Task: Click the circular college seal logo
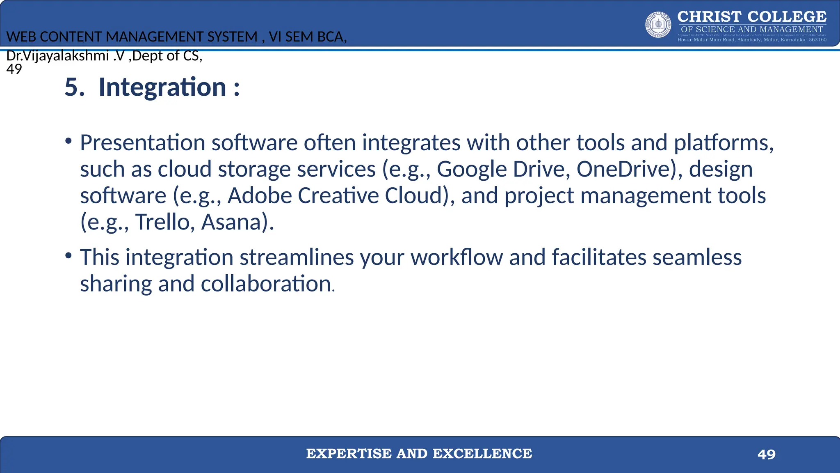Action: click(658, 25)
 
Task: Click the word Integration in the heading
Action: click(162, 87)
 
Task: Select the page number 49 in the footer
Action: click(766, 454)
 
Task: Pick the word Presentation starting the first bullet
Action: click(142, 143)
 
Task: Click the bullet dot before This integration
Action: click(68, 256)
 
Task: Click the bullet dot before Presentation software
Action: click(68, 141)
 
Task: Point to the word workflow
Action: click(457, 257)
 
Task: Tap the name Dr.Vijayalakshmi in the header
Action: click(57, 55)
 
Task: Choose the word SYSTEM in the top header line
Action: click(232, 37)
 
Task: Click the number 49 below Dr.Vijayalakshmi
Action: click(14, 69)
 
